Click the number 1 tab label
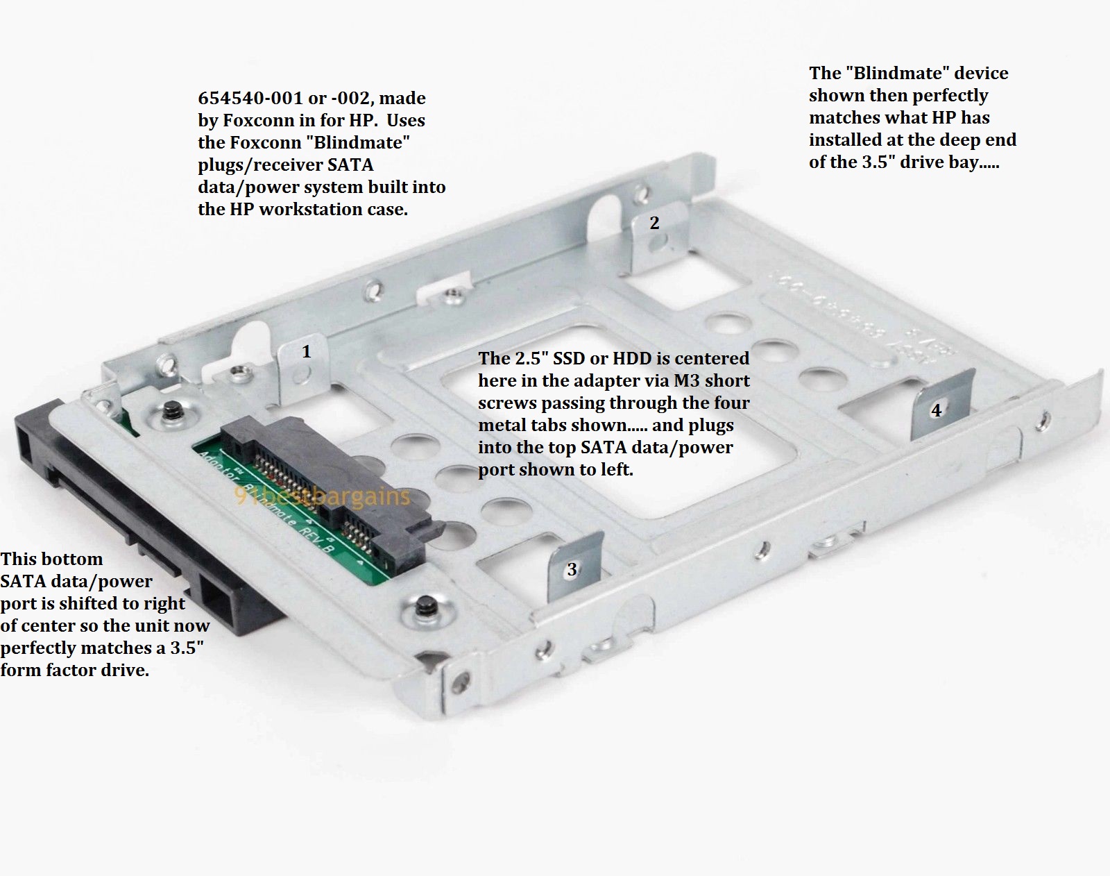coord(306,352)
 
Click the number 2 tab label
coord(654,223)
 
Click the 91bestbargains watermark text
coord(322,497)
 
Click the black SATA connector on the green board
coord(326,486)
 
